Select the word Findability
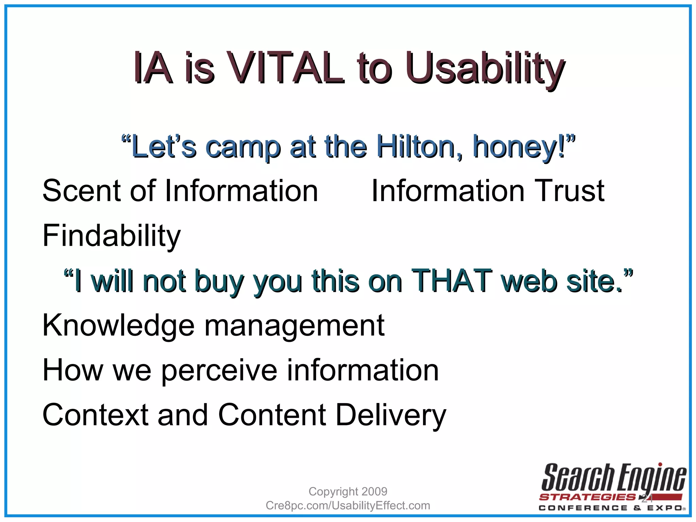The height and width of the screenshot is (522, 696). pos(111,236)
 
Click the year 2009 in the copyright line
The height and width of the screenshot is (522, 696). pos(374,491)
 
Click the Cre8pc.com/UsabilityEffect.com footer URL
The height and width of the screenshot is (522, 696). pos(348,505)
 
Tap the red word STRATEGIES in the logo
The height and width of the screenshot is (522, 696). pos(587,497)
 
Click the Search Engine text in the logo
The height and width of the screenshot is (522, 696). pos(613,477)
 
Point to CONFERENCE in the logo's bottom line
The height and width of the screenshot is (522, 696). pos(583,508)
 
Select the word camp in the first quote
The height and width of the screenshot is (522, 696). pos(243,147)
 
